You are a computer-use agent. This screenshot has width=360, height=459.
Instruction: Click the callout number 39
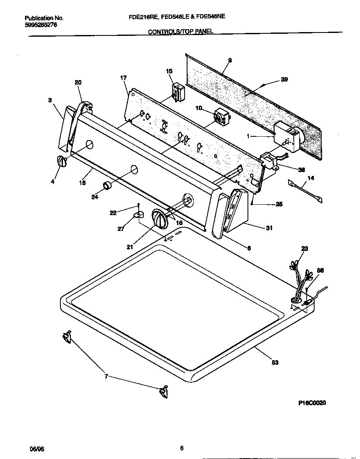(x=284, y=80)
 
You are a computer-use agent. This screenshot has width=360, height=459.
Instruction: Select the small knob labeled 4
(x=61, y=161)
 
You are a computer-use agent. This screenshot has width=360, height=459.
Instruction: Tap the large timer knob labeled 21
(x=159, y=219)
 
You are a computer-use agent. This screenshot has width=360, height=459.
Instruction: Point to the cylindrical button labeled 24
(x=107, y=186)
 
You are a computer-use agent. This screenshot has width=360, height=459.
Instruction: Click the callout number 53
(x=275, y=362)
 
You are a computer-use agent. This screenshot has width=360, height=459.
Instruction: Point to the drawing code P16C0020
(x=312, y=403)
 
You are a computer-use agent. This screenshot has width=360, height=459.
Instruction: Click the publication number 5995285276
(x=41, y=25)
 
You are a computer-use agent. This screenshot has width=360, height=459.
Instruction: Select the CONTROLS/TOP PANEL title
(x=181, y=32)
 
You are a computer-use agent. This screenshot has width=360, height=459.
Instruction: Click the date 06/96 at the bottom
(x=37, y=449)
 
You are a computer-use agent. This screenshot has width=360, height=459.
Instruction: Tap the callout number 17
(x=123, y=78)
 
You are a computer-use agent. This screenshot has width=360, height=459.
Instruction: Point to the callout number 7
(x=106, y=376)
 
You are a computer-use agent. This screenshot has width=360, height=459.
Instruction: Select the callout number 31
(x=269, y=227)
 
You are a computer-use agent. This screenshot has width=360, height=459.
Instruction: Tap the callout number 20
(x=78, y=82)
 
